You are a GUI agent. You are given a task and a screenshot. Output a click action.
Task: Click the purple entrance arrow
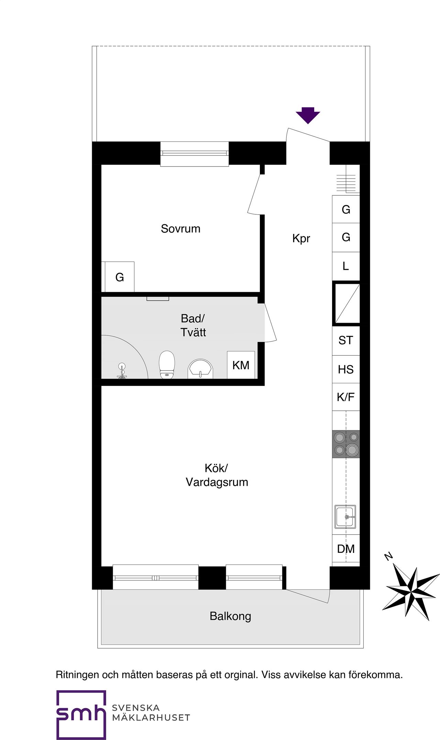coord(308,115)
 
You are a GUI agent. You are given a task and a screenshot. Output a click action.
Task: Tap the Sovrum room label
coord(180,229)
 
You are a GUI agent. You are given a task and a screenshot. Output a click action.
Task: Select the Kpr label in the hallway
coord(301,238)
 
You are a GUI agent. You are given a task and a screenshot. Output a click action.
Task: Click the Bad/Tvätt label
coord(193,325)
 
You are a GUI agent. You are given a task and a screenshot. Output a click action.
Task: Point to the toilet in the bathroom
coord(167,365)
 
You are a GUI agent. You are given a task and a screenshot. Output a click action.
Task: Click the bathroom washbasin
coord(200,369)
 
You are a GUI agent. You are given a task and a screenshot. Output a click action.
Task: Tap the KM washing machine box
coord(241,365)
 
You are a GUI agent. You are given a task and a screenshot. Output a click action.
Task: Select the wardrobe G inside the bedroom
coord(120,277)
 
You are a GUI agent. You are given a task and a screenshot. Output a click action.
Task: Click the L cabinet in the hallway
coord(346,266)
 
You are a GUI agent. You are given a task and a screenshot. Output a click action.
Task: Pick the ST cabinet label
coord(346,341)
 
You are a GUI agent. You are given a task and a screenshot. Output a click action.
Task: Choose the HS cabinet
coord(346,369)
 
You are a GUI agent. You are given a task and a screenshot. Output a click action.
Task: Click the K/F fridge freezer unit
coord(346,397)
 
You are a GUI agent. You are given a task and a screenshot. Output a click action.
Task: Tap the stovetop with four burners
coord(346,444)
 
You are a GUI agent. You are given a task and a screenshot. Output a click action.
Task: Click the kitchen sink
coord(345,517)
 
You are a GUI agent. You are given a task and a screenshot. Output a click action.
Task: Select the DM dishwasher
coord(346,549)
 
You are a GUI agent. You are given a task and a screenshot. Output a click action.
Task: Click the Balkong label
coord(230,616)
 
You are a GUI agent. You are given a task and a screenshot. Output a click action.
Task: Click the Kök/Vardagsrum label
coord(217,475)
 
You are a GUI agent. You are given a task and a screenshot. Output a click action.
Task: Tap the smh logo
coord(81,715)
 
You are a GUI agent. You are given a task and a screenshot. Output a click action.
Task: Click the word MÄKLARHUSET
coord(151,717)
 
